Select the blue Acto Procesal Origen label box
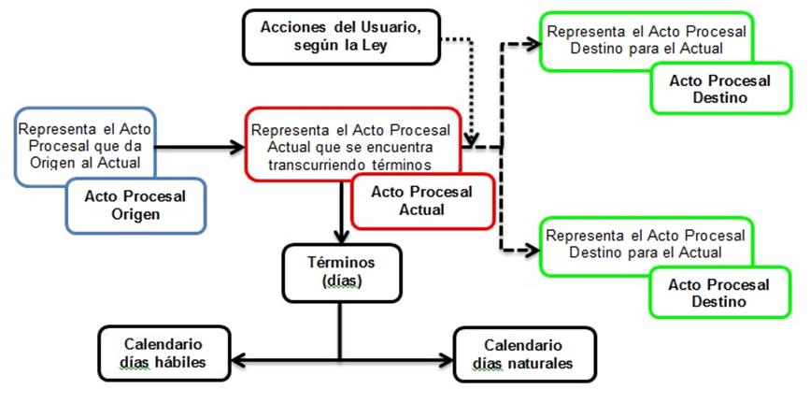[x=135, y=205]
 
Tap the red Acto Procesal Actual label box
[x=421, y=201]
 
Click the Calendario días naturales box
[x=523, y=353]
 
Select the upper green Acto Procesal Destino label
[x=719, y=89]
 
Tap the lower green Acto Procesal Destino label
[x=719, y=293]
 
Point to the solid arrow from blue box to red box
[x=196, y=146]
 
